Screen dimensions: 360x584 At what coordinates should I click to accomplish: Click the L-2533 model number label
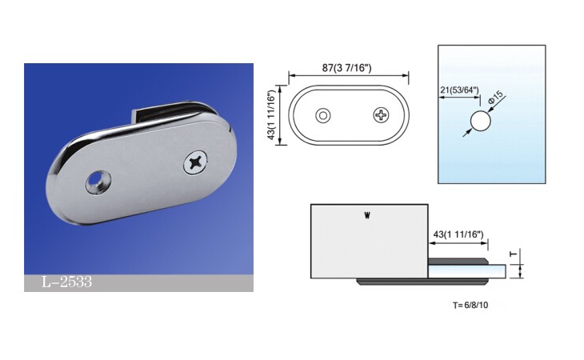pos(68,282)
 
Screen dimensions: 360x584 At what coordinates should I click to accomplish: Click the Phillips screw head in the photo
pos(195,162)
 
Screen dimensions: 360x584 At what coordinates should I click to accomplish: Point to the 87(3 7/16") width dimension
pos(349,67)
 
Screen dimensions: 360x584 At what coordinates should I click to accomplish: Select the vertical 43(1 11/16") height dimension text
pos(272,115)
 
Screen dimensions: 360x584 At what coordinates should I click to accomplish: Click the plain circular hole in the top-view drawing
pos(323,115)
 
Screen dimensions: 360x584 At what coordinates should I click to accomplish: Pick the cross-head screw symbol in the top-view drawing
pos(380,115)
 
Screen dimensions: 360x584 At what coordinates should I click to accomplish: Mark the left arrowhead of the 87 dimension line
pos(290,77)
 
